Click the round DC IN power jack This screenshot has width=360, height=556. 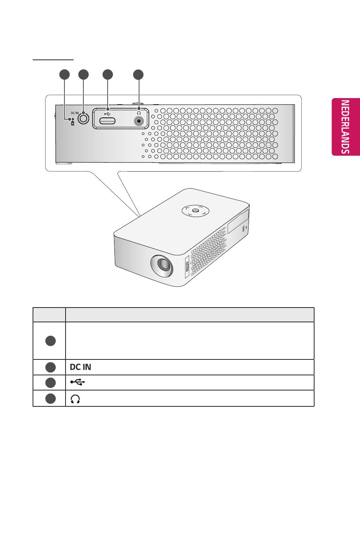(x=83, y=119)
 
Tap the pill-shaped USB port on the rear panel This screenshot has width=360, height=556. (x=108, y=121)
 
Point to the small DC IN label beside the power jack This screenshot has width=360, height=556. (x=75, y=113)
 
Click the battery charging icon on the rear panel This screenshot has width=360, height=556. (x=73, y=123)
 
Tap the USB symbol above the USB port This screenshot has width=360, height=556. (x=108, y=112)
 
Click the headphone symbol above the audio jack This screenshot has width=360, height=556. (x=139, y=112)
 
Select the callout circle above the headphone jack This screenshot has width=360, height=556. (x=139, y=75)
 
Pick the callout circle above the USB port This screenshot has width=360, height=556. (x=108, y=75)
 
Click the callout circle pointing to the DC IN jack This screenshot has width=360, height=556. (x=83, y=75)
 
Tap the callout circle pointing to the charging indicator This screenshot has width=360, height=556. (x=64, y=75)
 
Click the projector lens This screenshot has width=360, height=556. (x=162, y=265)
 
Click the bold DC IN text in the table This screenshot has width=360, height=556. (x=80, y=367)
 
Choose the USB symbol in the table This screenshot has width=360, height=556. (x=78, y=383)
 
